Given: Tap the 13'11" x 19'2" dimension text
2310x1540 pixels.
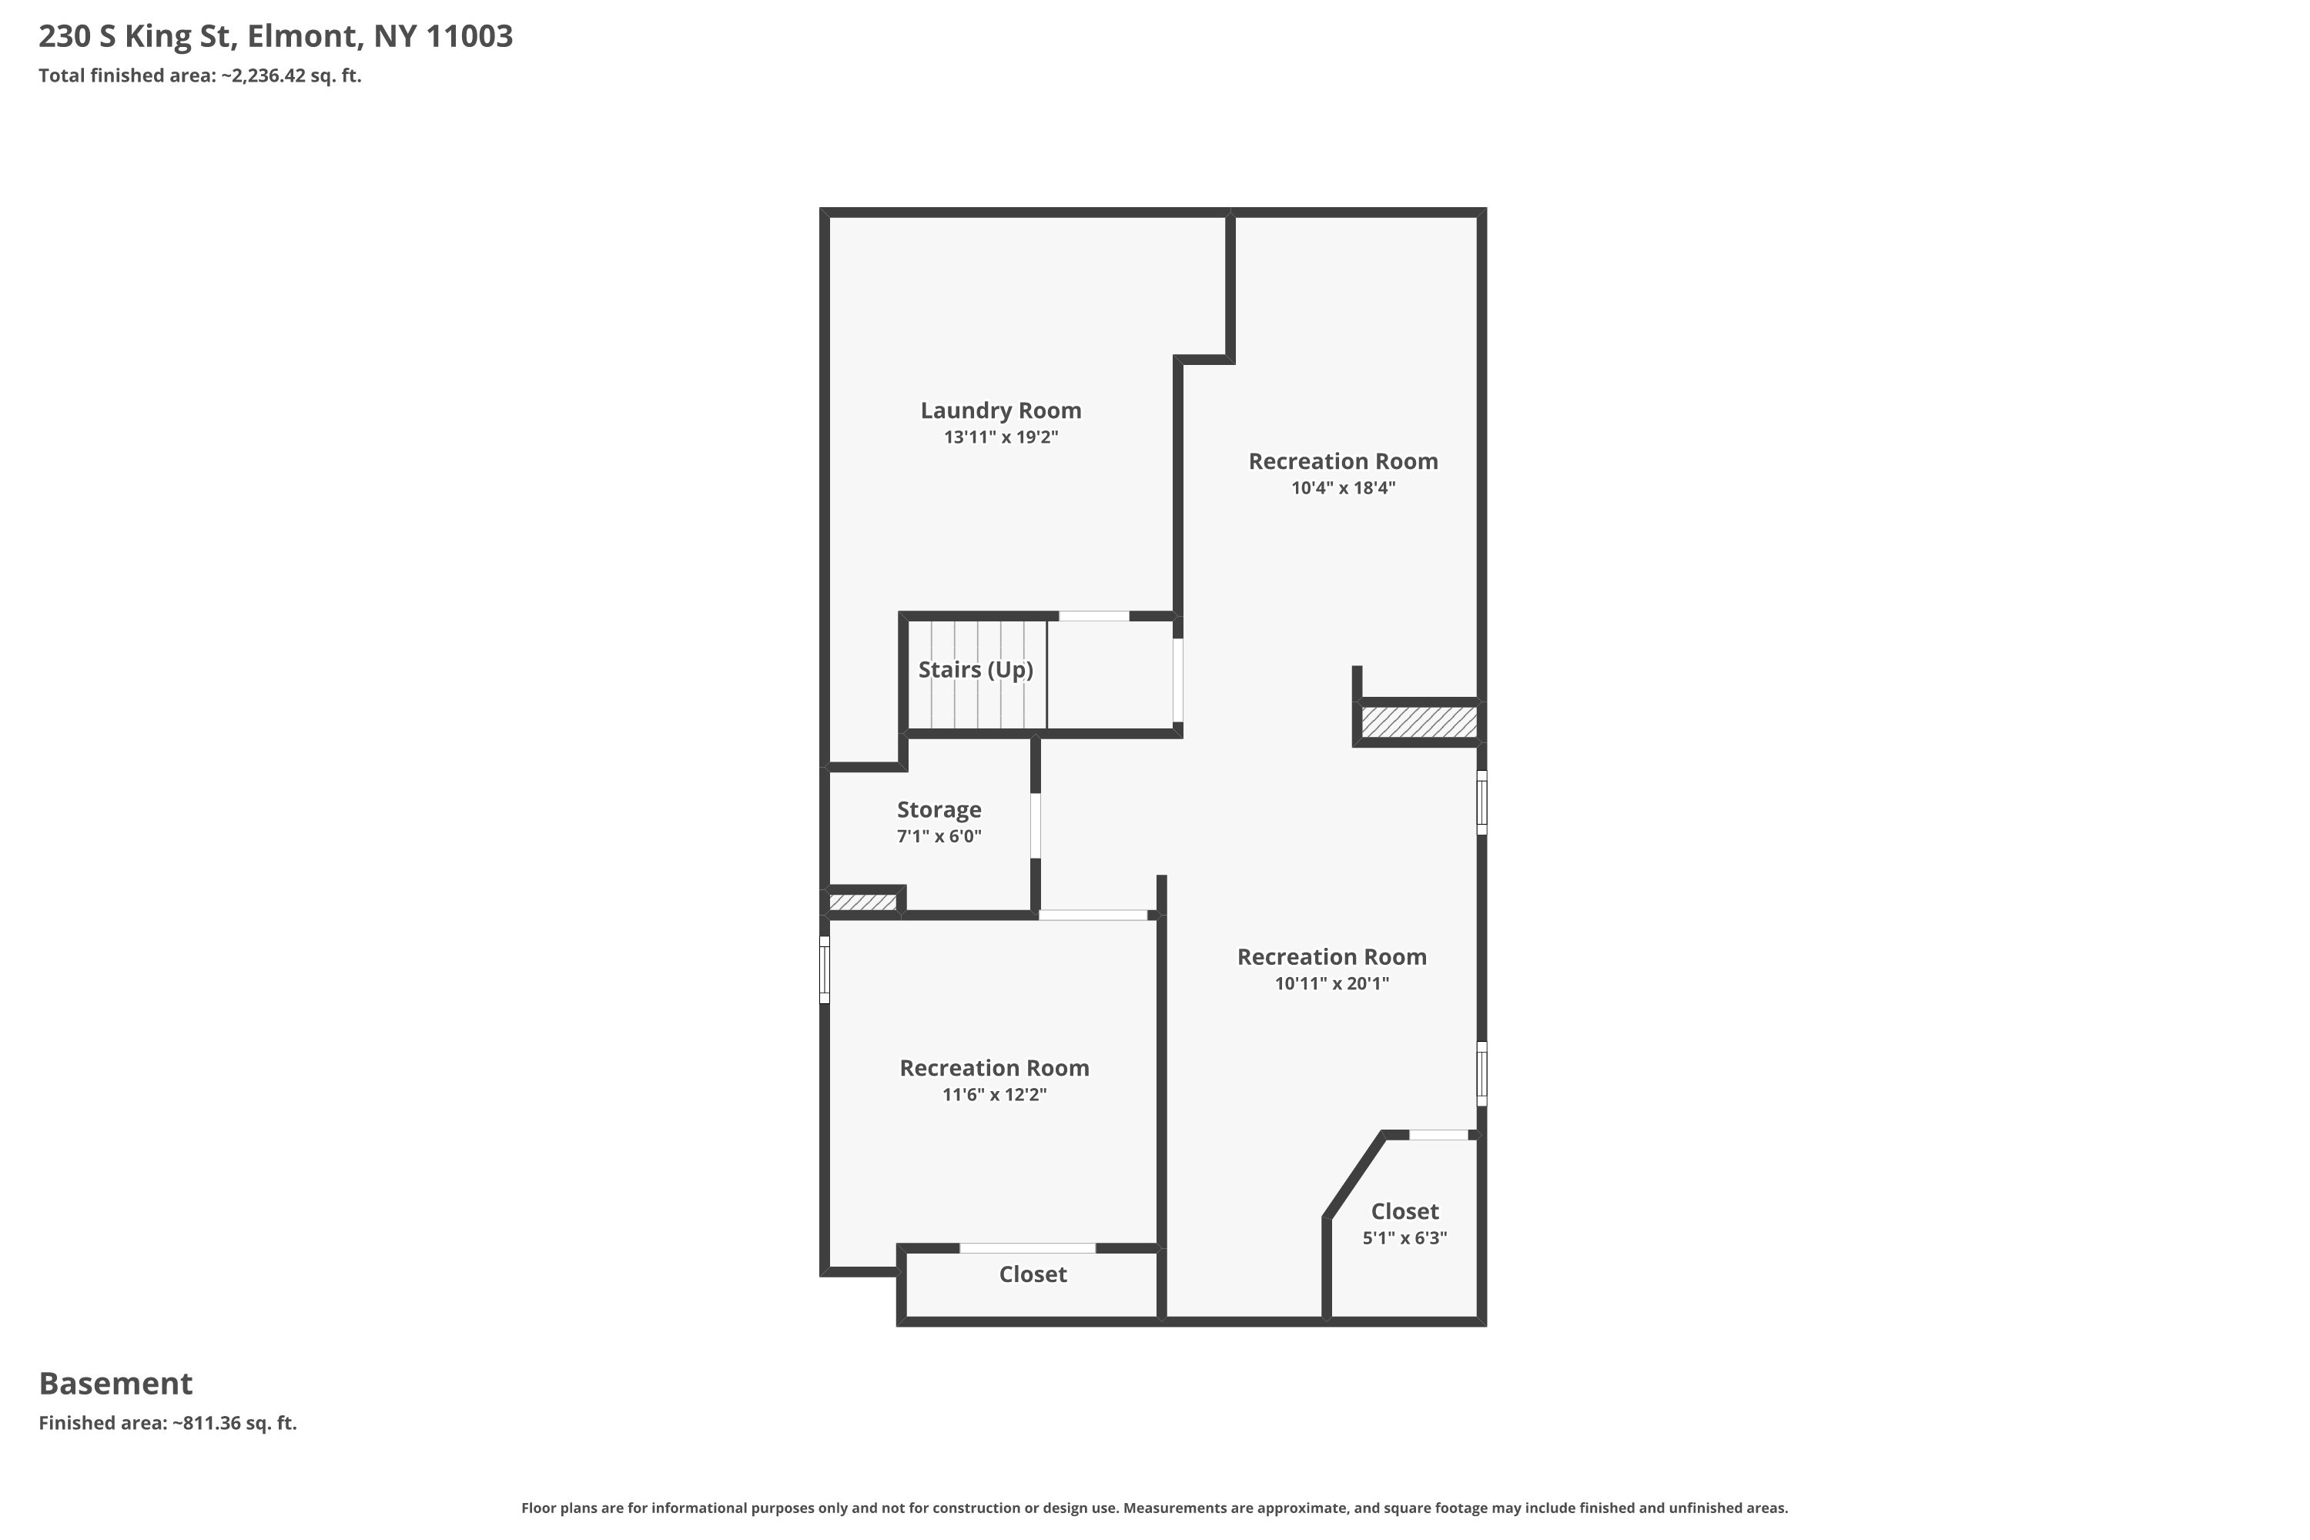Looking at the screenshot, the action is (x=1001, y=437).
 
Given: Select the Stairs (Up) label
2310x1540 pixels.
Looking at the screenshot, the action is (x=976, y=670).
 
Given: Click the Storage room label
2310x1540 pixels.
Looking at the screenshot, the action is (x=939, y=810).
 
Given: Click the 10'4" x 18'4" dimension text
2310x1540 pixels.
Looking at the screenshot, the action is (x=1343, y=488).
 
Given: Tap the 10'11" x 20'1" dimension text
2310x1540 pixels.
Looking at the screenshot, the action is (x=1332, y=984).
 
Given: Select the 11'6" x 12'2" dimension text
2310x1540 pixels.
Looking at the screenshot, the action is (x=994, y=1095).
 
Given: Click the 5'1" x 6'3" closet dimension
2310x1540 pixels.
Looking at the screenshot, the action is (x=1404, y=1238).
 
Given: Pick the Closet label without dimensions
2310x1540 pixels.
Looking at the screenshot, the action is (x=1033, y=1275).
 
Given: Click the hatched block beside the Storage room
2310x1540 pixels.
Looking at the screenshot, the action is (x=862, y=902).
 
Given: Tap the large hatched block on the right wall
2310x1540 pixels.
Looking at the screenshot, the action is (x=1418, y=722).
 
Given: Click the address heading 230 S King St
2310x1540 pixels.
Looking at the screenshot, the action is (x=276, y=36).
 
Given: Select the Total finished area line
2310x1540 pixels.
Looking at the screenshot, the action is (x=200, y=75).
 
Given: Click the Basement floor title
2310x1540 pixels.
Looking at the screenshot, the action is (x=116, y=1383).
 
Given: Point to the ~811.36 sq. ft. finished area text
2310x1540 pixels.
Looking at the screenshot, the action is (x=235, y=1423).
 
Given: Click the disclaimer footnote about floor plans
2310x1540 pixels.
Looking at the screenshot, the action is (x=1155, y=1508).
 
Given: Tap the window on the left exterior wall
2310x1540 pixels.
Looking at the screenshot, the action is (x=825, y=970).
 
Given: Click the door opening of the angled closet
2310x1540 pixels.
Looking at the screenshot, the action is (x=1439, y=1135).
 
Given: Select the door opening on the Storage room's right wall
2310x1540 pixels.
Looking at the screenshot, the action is (x=1035, y=826).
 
